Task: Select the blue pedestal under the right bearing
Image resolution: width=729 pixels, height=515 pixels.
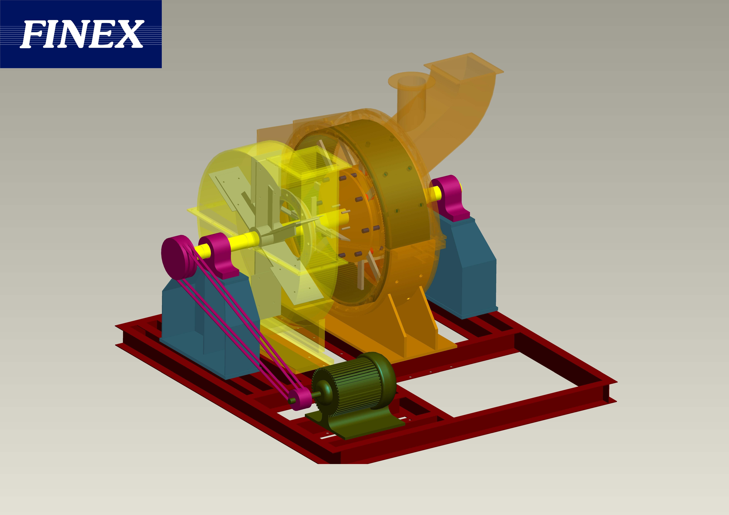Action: (x=464, y=270)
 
